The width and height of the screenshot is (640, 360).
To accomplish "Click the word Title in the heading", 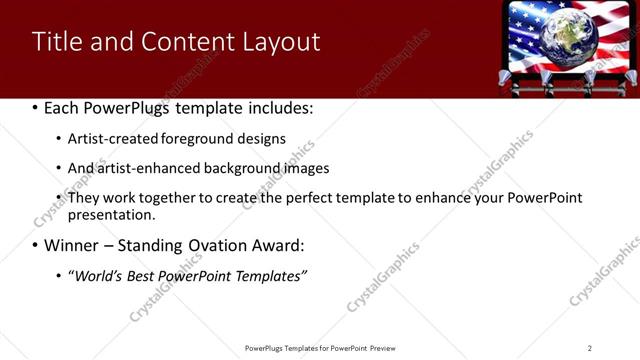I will (56, 42).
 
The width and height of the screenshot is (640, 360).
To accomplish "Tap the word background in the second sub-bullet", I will (239, 169).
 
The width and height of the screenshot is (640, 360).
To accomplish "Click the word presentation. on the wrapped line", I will (112, 215).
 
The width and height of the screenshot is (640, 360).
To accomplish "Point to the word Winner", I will (75, 246).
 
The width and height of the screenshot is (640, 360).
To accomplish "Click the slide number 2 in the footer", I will (590, 348).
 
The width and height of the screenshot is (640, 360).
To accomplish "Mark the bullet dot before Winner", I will (36, 246).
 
